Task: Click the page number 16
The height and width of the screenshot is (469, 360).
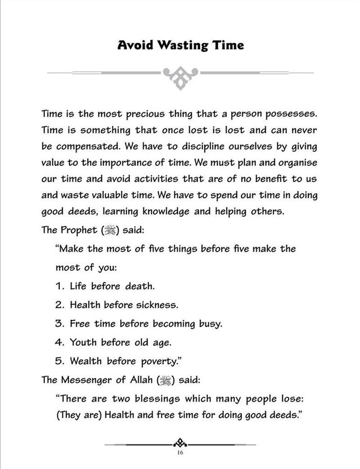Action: (x=180, y=453)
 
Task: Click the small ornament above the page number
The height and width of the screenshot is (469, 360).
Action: (x=180, y=444)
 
